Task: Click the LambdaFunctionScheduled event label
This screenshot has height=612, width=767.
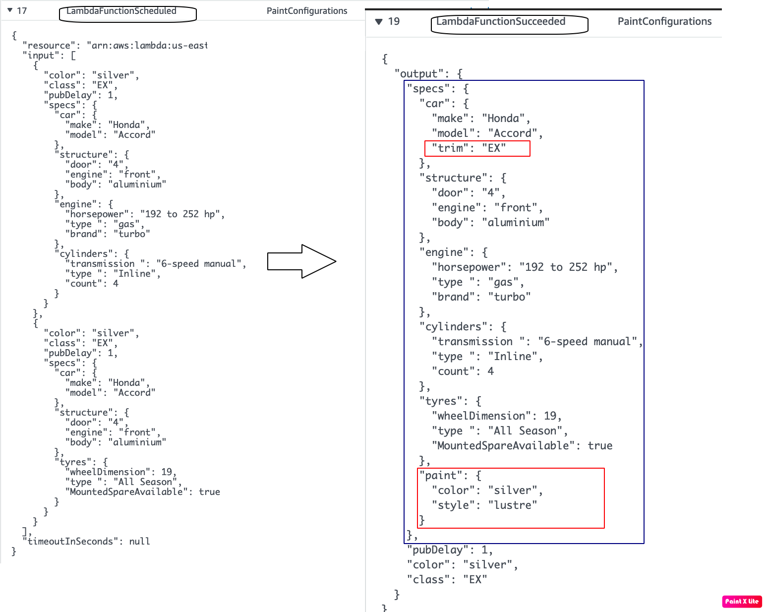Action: click(x=121, y=11)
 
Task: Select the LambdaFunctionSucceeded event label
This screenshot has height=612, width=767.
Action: click(x=501, y=21)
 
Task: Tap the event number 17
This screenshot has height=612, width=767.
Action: click(x=22, y=11)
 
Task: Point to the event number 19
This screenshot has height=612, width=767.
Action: click(x=394, y=21)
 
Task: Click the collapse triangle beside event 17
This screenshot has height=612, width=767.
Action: click(x=10, y=10)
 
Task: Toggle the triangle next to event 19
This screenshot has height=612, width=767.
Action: click(x=379, y=21)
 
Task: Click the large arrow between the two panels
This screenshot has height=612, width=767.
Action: click(x=302, y=261)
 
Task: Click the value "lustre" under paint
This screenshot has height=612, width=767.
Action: click(x=513, y=505)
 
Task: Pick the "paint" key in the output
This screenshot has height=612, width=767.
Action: click(x=441, y=475)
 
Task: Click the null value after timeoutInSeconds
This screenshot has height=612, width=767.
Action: click(x=139, y=541)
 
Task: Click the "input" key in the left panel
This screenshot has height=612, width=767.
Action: click(x=43, y=55)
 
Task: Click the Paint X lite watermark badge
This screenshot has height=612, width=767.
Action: click(x=742, y=601)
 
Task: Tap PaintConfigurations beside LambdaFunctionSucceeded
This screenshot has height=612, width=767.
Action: click(x=664, y=21)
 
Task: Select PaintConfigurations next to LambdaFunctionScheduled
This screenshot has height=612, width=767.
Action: click(x=307, y=11)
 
